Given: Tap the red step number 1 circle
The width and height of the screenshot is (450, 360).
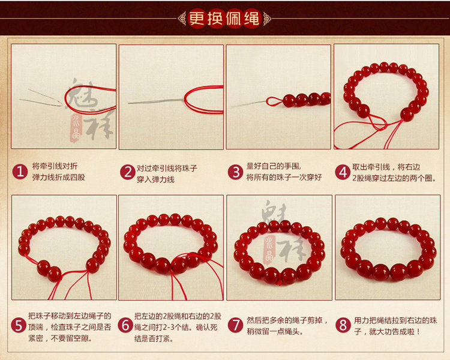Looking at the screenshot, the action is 20,172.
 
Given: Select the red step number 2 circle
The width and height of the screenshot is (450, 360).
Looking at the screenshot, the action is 128,172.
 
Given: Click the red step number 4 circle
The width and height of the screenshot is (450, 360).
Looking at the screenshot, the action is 343,172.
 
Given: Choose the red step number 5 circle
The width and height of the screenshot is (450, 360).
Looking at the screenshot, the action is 19,326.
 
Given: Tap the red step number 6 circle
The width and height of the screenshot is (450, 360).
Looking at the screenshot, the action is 126,326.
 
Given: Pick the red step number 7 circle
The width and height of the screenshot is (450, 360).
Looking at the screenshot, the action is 236,325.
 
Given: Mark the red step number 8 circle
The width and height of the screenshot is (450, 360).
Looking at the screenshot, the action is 343,325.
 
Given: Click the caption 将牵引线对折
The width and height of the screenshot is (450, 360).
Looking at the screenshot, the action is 55,166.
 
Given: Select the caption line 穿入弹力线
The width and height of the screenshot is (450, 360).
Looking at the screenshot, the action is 155,180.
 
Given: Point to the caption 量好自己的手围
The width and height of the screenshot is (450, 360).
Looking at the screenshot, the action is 274,166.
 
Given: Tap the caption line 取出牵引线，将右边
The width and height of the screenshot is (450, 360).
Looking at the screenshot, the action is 386,167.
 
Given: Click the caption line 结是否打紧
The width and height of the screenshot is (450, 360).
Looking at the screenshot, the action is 154,339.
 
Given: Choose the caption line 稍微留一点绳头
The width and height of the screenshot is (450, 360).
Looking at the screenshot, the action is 275,332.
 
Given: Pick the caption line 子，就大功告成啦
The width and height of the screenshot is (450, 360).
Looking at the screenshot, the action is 387,332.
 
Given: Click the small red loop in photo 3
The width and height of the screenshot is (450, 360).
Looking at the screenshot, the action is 274,101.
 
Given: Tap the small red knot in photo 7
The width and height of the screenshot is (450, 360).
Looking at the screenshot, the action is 278,283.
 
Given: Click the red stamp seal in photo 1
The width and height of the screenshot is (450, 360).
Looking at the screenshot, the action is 76,128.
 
